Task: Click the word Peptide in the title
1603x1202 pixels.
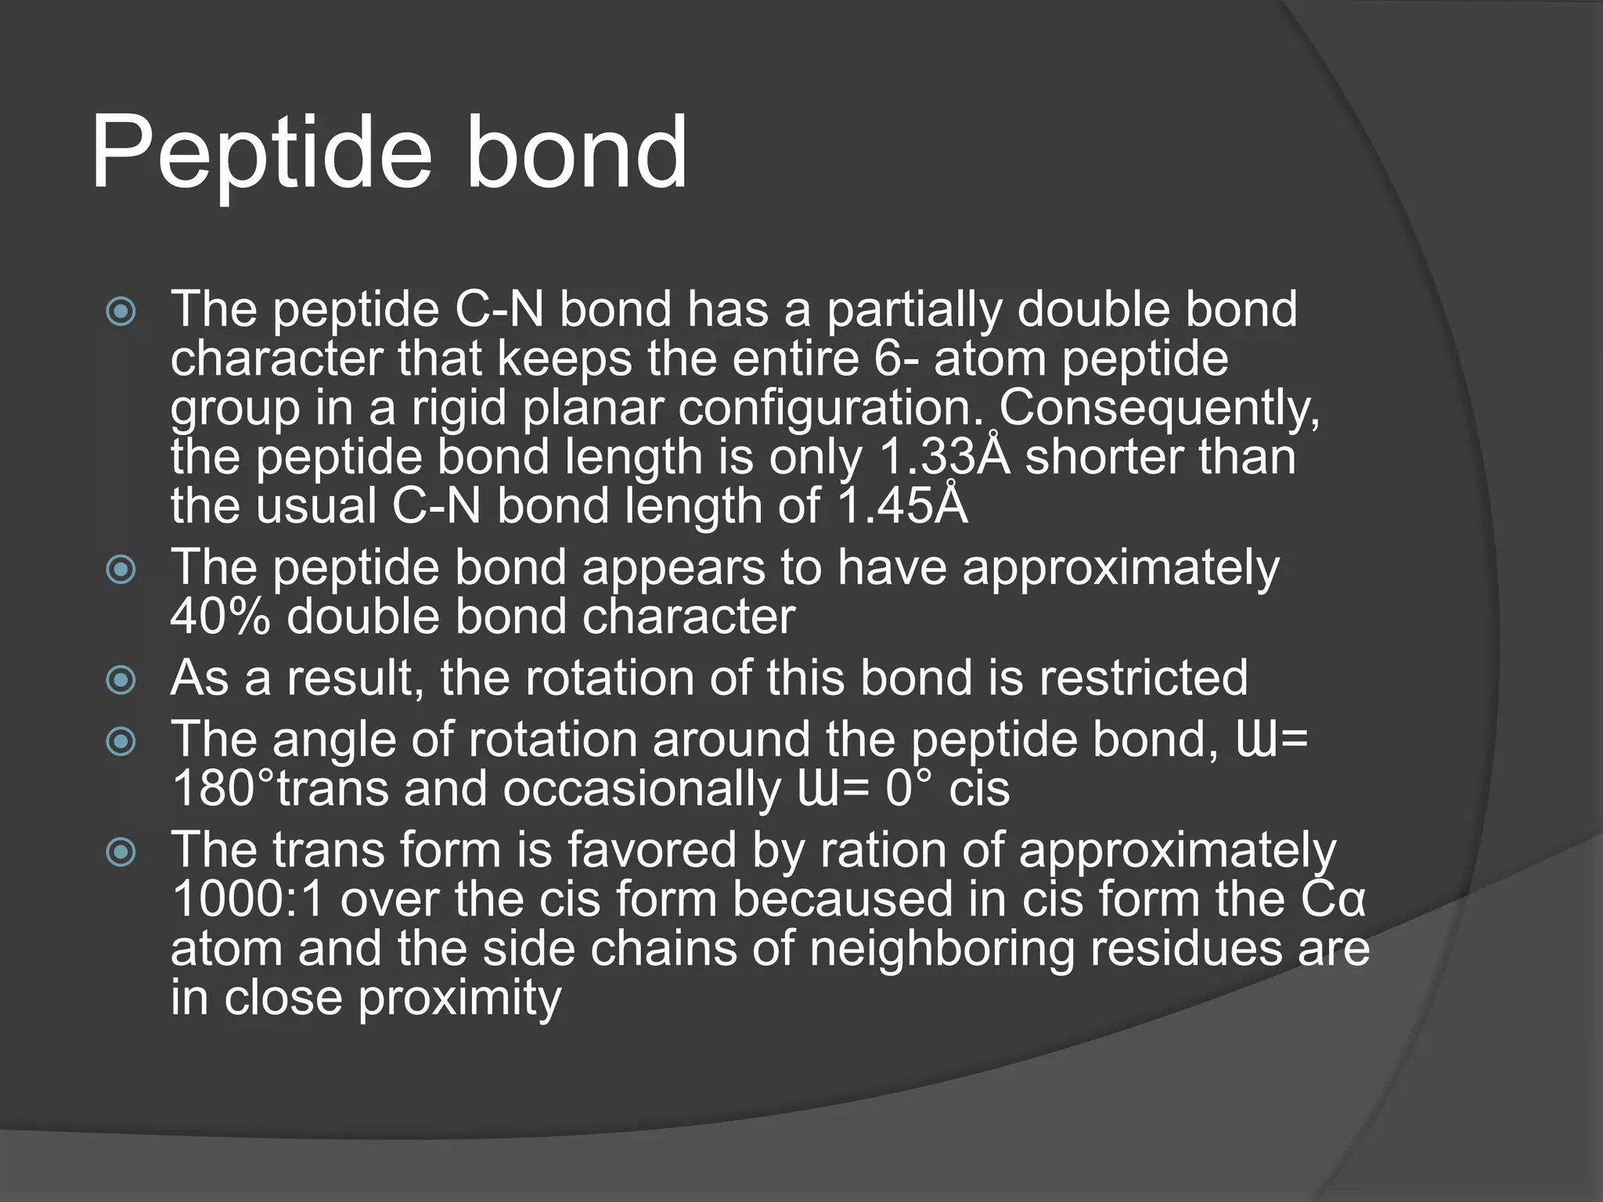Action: coord(261,154)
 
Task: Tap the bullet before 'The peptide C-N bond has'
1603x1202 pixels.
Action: coord(121,312)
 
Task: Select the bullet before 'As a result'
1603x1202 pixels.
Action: coord(121,680)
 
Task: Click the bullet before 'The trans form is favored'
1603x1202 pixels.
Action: coord(121,852)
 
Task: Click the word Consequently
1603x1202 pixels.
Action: coord(1159,408)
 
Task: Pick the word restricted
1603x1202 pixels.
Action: coord(1144,678)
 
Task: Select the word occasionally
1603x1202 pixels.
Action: coord(642,789)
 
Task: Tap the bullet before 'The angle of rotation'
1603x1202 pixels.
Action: coord(121,742)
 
